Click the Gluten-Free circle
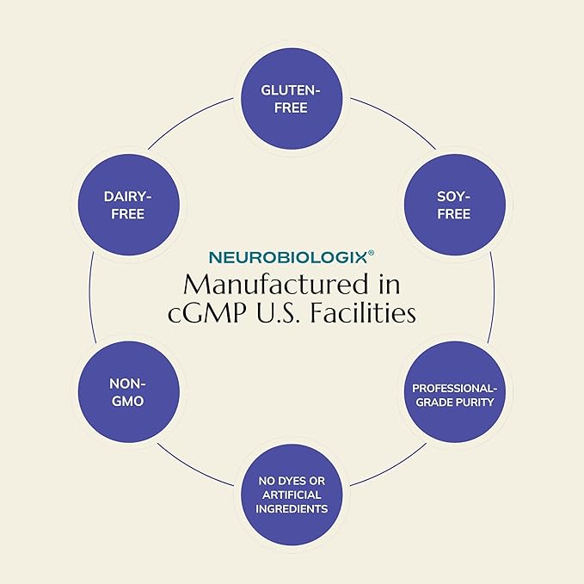292,99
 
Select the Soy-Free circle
455,205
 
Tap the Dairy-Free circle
129,205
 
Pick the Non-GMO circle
129,392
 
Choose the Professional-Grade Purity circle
455,392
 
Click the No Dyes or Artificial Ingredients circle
292,495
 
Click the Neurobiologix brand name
288,258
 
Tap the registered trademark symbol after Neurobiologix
371,253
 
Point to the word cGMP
207,313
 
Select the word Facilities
363,313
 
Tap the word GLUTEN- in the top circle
291,90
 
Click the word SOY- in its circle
453,197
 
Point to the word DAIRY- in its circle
128,197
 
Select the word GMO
128,401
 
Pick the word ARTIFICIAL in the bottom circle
292,495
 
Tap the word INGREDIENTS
292,509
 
